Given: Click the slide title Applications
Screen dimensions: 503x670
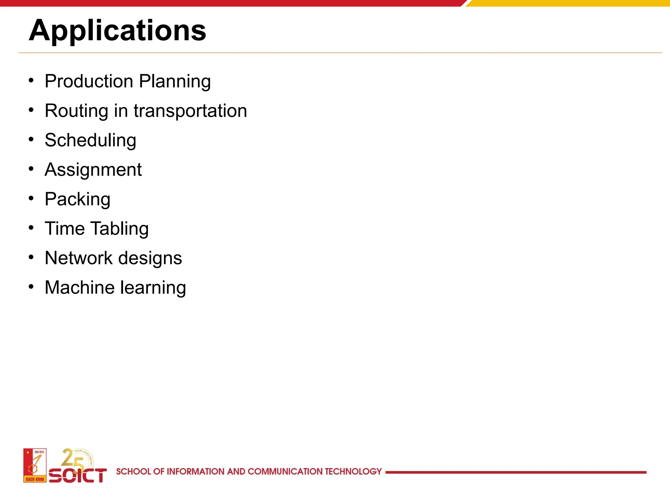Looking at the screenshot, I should coord(117,30).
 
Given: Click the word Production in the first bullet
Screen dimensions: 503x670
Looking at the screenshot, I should coord(89,81).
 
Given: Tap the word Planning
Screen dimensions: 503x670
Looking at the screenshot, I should coord(175,82).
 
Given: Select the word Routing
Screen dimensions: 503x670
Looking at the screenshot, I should coord(76,111).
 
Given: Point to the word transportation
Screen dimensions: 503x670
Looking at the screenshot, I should coord(190,111).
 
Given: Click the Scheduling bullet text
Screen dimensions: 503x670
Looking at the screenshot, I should coord(90,140).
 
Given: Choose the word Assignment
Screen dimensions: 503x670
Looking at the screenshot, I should coord(93,170).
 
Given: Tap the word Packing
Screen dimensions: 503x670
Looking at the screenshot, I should coord(78,199).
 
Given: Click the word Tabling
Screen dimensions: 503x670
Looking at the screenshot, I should coord(119,229).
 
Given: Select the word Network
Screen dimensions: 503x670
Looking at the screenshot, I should coord(79,258).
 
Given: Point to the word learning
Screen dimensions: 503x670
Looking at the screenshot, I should coord(153,288).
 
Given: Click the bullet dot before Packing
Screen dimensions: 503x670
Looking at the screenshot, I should coord(31,198).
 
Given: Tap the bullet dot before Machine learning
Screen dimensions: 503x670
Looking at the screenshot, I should coord(31,287).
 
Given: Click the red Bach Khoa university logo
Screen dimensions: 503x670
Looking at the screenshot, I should coord(35,465).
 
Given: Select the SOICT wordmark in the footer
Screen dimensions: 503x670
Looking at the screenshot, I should coord(78,475).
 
